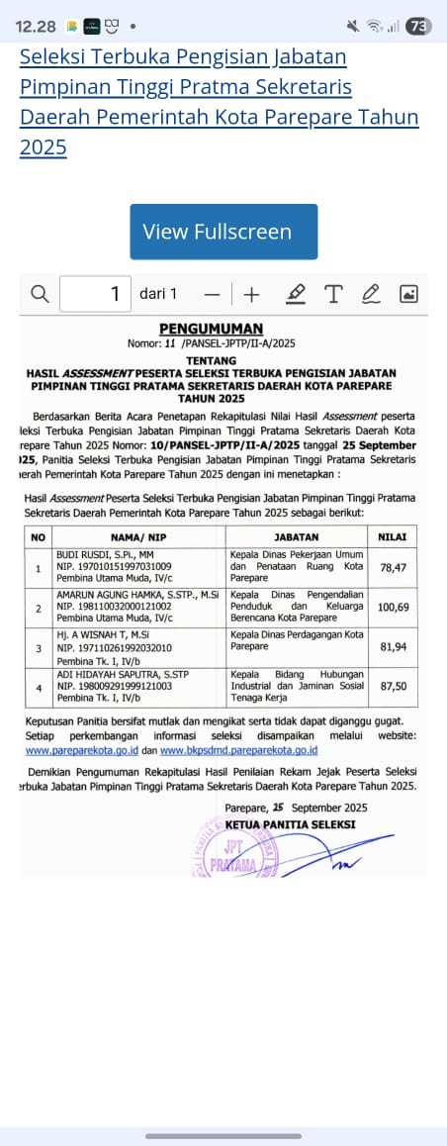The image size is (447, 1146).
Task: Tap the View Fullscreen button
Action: click(x=223, y=232)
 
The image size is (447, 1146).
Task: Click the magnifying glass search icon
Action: click(x=40, y=294)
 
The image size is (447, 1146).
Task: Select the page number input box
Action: click(x=95, y=294)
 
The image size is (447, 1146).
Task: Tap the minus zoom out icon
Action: click(x=212, y=294)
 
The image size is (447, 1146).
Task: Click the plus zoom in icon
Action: click(x=251, y=294)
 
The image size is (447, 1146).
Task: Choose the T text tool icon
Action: click(x=333, y=294)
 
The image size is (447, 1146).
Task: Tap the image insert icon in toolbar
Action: click(x=408, y=294)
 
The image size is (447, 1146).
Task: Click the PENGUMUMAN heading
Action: click(x=212, y=330)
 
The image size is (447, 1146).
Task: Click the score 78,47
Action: click(x=393, y=569)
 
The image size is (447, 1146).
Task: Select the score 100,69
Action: click(x=393, y=606)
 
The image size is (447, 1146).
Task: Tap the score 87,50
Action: click(x=393, y=686)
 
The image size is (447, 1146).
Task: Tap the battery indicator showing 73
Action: click(x=418, y=27)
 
